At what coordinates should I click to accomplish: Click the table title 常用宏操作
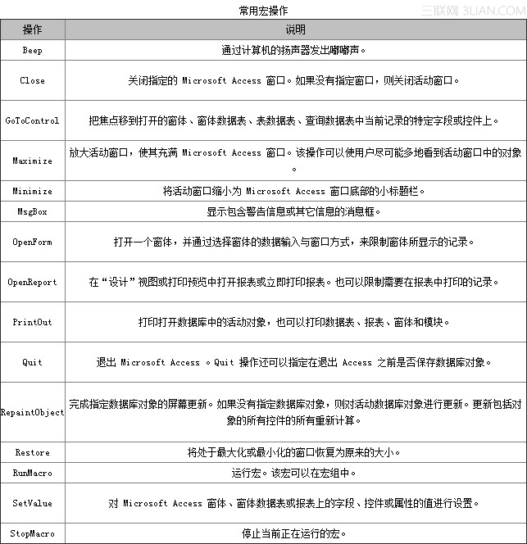point(263,10)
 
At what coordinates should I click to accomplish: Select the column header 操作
point(33,29)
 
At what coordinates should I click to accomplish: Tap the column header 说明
point(295,29)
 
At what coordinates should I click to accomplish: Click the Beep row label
point(33,50)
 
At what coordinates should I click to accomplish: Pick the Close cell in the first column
point(33,81)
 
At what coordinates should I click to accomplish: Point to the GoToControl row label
point(33,120)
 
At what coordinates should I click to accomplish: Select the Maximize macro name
point(33,161)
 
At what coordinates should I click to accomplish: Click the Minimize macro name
point(33,191)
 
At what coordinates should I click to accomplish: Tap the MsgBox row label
point(33,211)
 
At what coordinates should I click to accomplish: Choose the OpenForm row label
point(33,242)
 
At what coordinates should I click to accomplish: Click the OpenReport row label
point(33,282)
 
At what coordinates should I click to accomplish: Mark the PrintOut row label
point(33,322)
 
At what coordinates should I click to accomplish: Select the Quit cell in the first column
point(33,362)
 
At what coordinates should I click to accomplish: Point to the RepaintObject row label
point(33,412)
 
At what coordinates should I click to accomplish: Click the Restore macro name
point(33,452)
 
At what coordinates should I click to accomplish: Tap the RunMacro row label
point(33,473)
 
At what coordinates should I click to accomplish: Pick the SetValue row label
point(33,503)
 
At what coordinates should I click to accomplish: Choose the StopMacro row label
point(33,533)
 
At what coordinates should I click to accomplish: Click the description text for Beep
point(294,50)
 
